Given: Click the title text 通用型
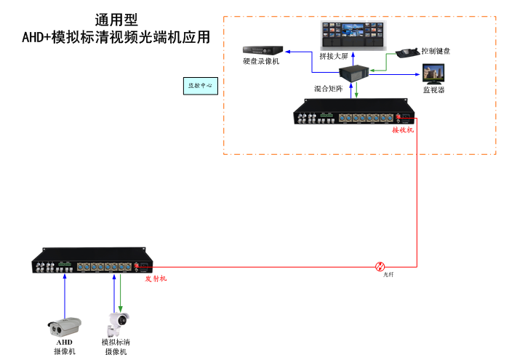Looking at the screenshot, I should tap(116, 20).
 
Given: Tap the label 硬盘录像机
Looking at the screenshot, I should tap(261, 62).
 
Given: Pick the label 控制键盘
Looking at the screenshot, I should tap(436, 51).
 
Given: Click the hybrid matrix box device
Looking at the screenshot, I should tap(356, 73).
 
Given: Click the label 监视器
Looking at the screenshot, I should tap(434, 90).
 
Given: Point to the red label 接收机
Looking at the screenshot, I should tap(402, 130).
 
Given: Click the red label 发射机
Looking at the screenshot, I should tap(156, 279).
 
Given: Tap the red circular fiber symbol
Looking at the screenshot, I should tap(380, 267).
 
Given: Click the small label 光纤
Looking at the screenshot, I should tap(388, 275).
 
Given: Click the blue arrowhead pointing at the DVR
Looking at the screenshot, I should tap(286, 52).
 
